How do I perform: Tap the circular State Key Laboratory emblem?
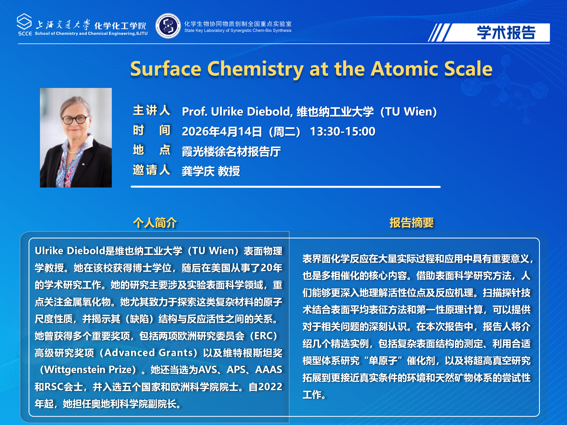(168, 26)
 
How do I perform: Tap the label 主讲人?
(151, 111)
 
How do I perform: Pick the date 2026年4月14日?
(222, 131)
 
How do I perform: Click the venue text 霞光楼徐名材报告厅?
(231, 151)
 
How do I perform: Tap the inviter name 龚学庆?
(198, 171)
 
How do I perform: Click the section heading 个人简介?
(155, 222)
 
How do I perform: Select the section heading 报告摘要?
(411, 222)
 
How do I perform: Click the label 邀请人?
(151, 170)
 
